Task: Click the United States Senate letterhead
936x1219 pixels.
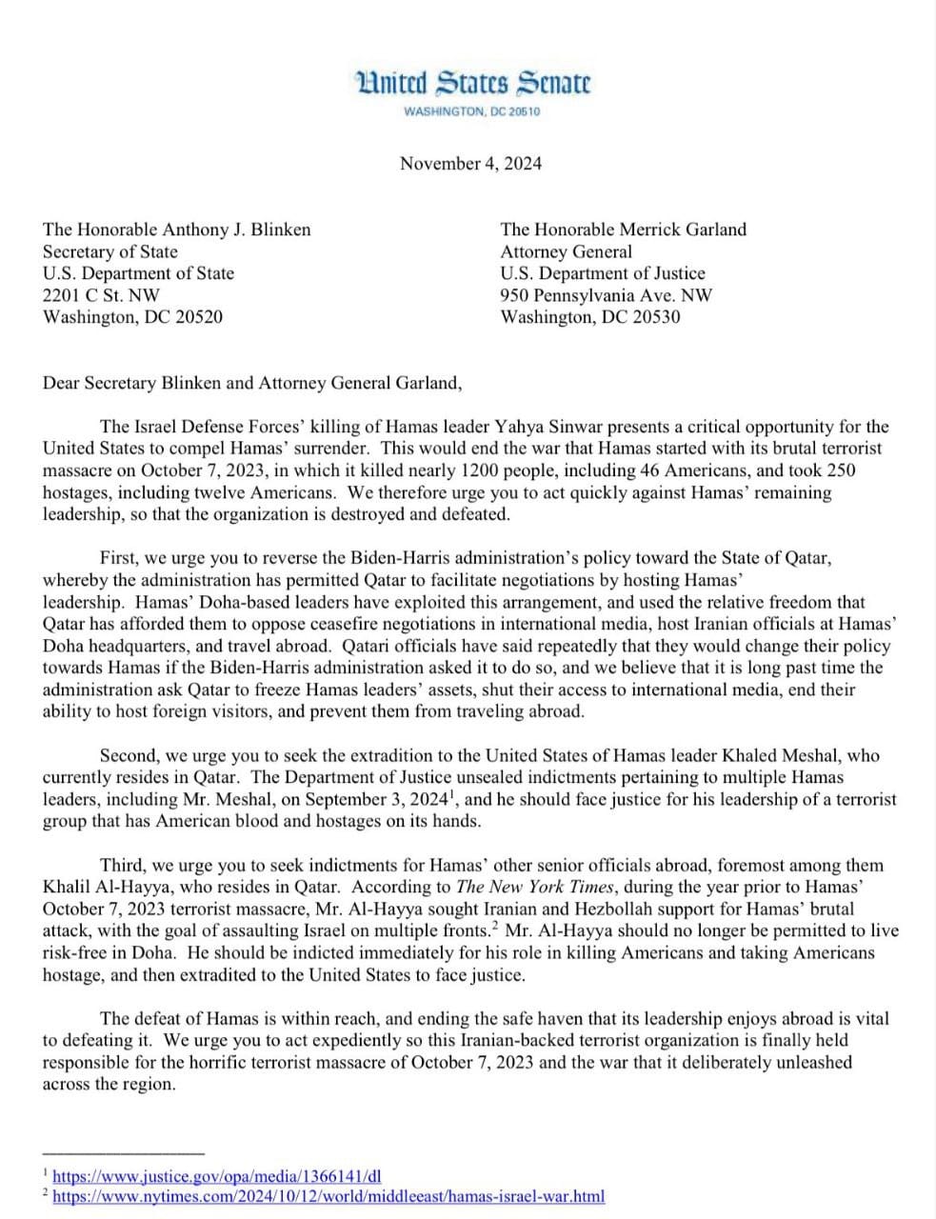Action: (472, 84)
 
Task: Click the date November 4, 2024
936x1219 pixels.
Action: (470, 163)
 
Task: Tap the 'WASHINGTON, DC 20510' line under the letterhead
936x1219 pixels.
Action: (472, 112)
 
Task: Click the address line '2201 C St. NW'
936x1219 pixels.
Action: (101, 295)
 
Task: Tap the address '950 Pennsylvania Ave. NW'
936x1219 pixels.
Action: (606, 295)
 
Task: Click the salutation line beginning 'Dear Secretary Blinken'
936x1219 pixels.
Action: (252, 383)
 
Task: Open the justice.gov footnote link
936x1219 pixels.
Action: (217, 1177)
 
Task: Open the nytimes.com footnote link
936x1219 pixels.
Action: (329, 1197)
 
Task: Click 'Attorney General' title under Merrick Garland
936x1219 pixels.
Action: (566, 251)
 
